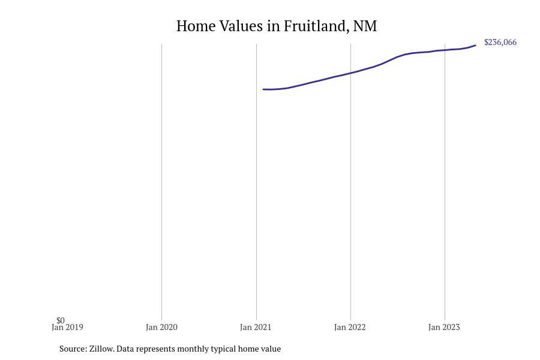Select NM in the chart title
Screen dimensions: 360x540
pyautogui.click(x=365, y=26)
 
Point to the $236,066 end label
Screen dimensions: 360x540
pyautogui.click(x=500, y=43)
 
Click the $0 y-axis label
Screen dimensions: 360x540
pyautogui.click(x=61, y=320)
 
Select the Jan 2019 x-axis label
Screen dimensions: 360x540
pyautogui.click(x=67, y=328)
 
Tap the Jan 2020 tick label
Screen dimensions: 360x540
pyautogui.click(x=161, y=328)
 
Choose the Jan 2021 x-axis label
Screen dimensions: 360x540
pyautogui.click(x=256, y=328)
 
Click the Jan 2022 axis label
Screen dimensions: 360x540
pyautogui.click(x=350, y=328)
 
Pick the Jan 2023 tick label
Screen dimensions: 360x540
pyautogui.click(x=444, y=328)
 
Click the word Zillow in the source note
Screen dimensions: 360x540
pyautogui.click(x=101, y=349)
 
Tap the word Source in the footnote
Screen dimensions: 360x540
pyautogui.click(x=73, y=349)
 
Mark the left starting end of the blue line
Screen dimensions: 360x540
pyautogui.click(x=263, y=89)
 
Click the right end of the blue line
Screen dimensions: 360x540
pyautogui.click(x=475, y=46)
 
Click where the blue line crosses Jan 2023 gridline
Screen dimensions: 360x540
pyautogui.click(x=445, y=50)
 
